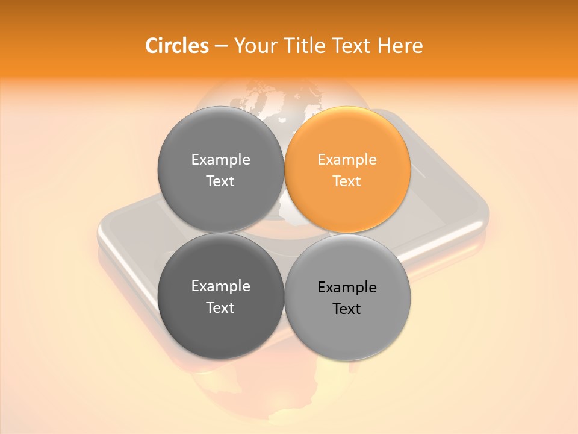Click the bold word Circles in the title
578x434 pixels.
(x=176, y=46)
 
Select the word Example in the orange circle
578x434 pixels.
(x=347, y=160)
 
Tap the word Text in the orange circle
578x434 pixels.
(x=347, y=181)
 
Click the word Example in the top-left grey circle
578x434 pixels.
(x=221, y=160)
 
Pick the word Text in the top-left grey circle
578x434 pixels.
(x=220, y=181)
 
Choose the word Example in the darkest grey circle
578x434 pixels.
(x=221, y=286)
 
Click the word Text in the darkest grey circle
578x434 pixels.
(x=220, y=308)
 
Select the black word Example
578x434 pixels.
(x=347, y=288)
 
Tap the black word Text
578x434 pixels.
(x=347, y=309)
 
